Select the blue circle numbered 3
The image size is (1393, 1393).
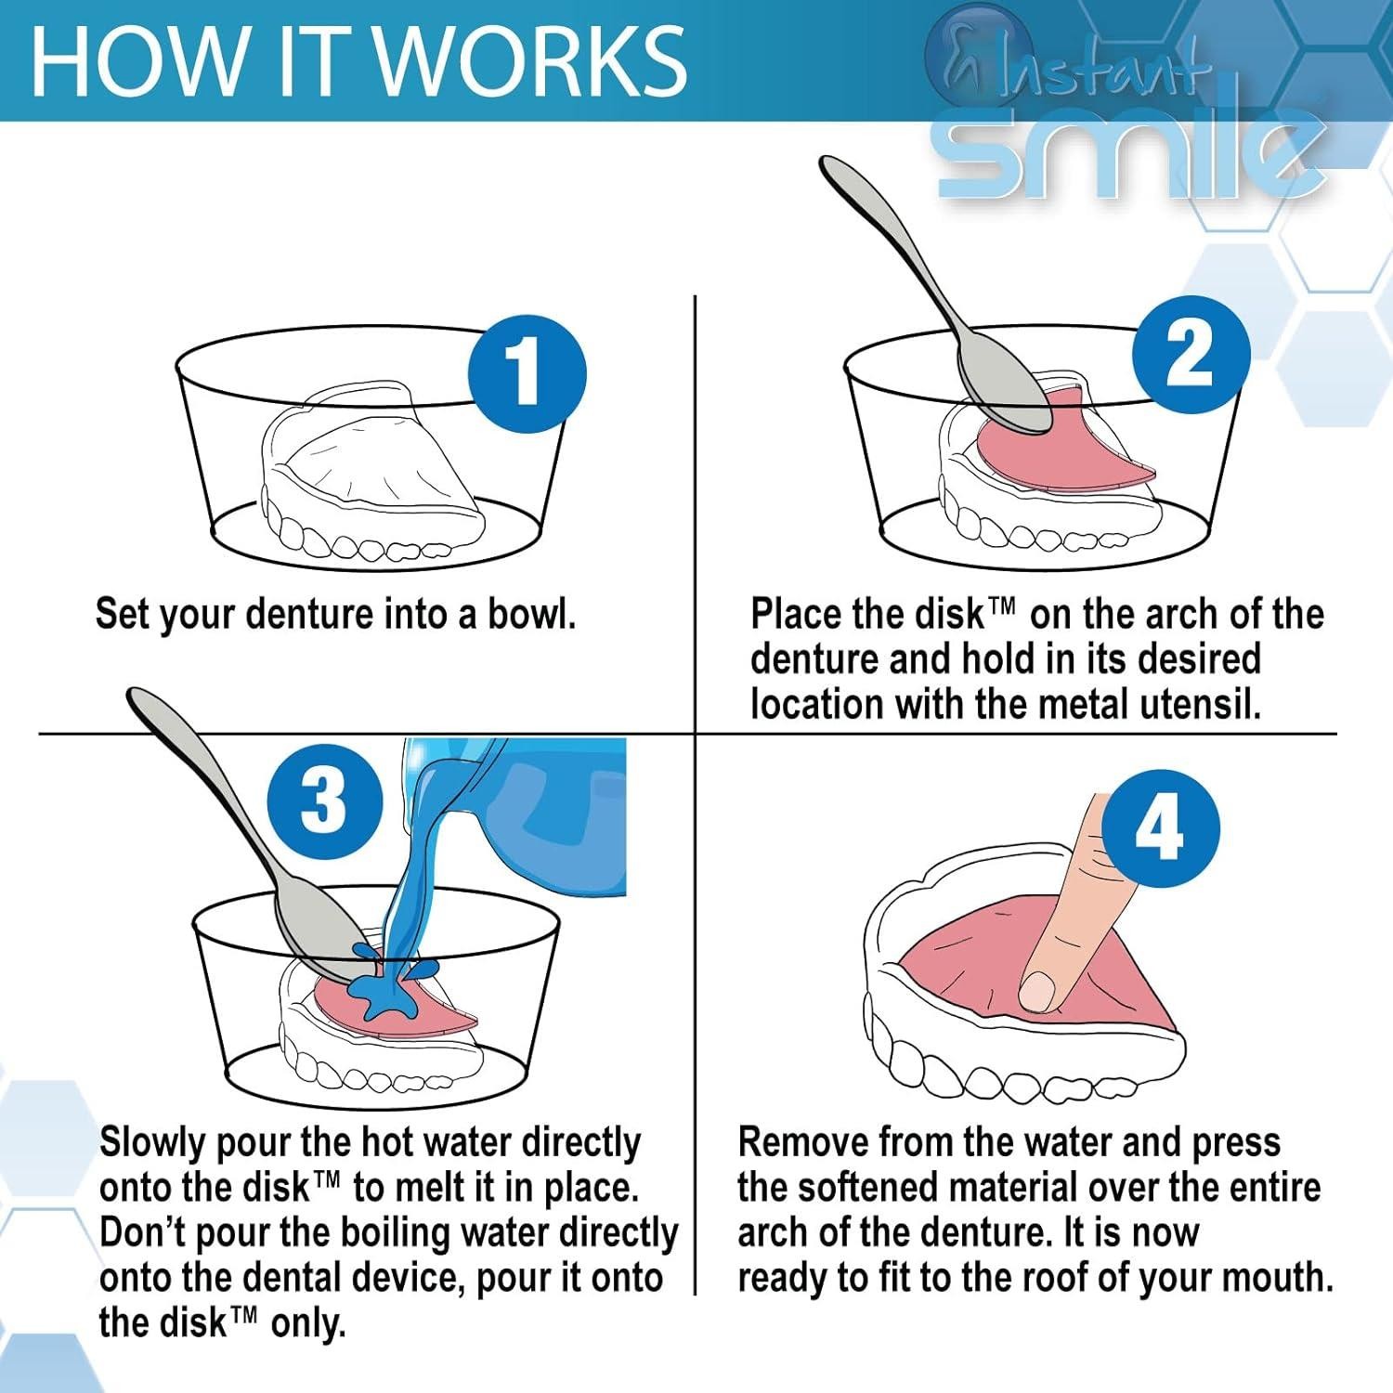324,801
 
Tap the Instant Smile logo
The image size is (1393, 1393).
1124,121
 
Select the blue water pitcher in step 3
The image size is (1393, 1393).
548,817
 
